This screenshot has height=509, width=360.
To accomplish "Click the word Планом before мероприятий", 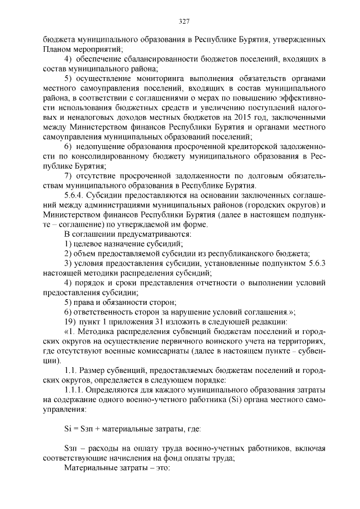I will pyautogui.click(x=58, y=49).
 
